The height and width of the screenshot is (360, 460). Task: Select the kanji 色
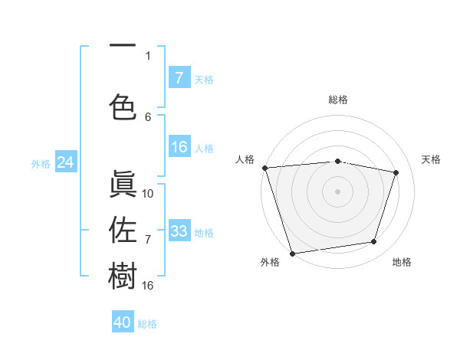[123, 106]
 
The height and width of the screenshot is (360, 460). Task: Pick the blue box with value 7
[179, 77]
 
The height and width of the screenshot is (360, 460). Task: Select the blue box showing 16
[179, 148]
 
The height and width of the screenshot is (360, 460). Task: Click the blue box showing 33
[179, 231]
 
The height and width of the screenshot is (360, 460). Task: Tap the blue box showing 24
[65, 162]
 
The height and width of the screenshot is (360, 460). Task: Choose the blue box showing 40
[123, 322]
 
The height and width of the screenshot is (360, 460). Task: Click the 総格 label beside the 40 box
[148, 324]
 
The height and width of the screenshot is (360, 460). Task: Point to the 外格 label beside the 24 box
[41, 163]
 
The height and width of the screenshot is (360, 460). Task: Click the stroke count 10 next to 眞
[148, 194]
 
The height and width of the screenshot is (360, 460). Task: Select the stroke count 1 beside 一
[148, 55]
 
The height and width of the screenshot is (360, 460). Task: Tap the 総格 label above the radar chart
[337, 100]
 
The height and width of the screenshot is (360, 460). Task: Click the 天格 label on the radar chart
[432, 159]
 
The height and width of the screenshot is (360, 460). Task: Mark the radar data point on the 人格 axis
[264, 168]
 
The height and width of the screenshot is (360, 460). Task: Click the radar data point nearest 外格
[292, 253]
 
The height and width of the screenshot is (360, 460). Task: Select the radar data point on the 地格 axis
[374, 242]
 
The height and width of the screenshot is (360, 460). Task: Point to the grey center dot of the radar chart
[337, 191]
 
